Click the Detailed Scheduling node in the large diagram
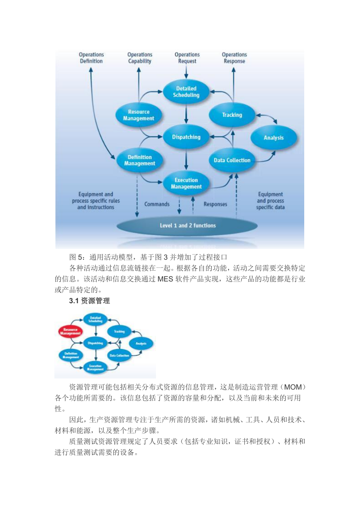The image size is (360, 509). (x=186, y=92)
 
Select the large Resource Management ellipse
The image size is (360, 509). (x=139, y=115)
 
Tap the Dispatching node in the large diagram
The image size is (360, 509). (x=186, y=136)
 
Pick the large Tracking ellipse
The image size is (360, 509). (x=232, y=115)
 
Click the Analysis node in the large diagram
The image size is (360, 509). (x=273, y=138)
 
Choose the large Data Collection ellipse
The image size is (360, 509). (x=232, y=160)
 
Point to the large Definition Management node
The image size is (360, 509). (x=139, y=160)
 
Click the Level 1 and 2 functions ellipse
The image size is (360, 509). (x=188, y=225)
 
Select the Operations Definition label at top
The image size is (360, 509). (x=91, y=58)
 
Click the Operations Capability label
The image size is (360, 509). (x=140, y=58)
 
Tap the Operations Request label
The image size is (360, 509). (x=187, y=58)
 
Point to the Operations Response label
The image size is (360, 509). (x=234, y=58)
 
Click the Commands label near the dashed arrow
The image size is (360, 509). (x=157, y=204)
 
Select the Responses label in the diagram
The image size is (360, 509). (x=215, y=204)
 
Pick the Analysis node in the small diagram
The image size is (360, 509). (x=141, y=344)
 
